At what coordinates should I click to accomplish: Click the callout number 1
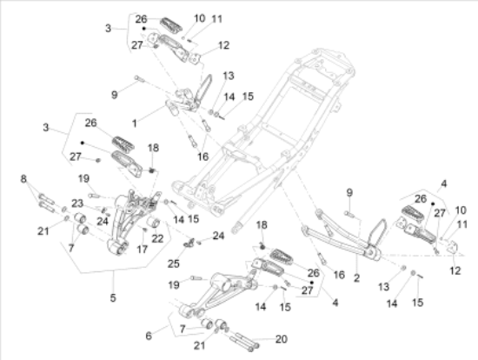[134, 123]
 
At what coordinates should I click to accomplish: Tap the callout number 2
[356, 278]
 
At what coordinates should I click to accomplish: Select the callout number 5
[113, 297]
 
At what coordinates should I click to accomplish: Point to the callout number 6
[149, 336]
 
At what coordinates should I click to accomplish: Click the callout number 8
[23, 179]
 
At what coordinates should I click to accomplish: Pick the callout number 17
[142, 250]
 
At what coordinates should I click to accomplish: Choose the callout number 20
[281, 339]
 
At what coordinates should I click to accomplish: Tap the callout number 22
[157, 238]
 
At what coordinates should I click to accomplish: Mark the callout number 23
[77, 203]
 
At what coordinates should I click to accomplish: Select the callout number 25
[174, 263]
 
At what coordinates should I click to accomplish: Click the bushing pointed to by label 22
[156, 223]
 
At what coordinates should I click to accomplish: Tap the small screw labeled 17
[145, 230]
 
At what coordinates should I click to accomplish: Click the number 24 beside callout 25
[218, 236]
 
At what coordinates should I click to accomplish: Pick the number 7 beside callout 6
[183, 329]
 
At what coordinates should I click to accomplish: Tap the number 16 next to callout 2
[339, 275]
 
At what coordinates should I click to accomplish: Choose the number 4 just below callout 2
[335, 303]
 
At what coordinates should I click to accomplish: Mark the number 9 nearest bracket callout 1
[114, 95]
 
